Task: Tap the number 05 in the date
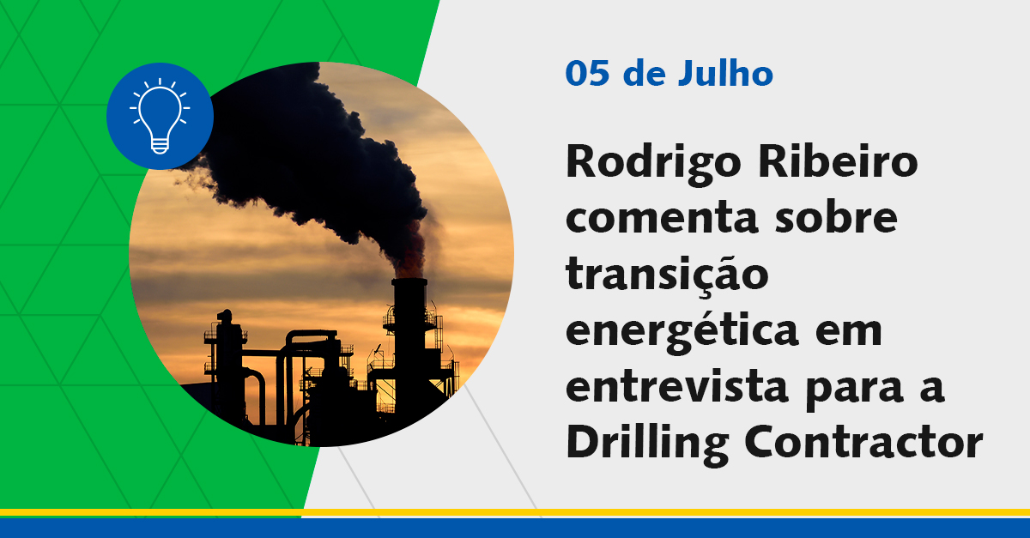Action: pos(587,75)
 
